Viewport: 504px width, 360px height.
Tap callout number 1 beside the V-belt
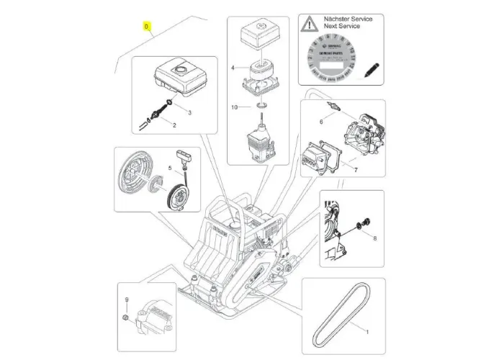pos(367,333)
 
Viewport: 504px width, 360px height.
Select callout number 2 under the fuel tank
pos(174,125)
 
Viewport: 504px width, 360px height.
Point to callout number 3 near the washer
pos(189,113)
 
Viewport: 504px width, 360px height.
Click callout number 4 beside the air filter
pos(233,68)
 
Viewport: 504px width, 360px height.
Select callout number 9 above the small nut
pos(127,299)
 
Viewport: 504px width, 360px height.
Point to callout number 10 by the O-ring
pos(234,107)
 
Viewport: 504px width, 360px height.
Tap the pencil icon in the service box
pos(372,70)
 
